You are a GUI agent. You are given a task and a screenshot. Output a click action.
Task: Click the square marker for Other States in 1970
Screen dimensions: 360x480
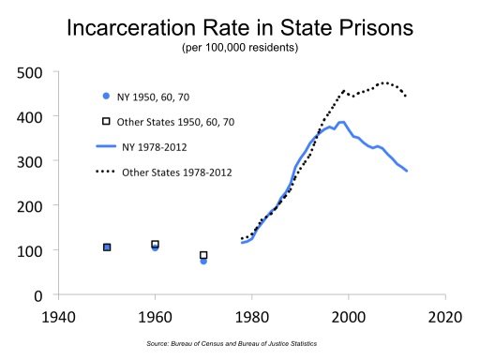pyautogui.click(x=203, y=255)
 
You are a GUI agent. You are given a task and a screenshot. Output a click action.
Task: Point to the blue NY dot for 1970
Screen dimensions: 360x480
pyautogui.click(x=203, y=261)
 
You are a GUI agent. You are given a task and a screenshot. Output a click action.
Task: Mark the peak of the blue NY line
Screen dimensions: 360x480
pyautogui.click(x=341, y=122)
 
